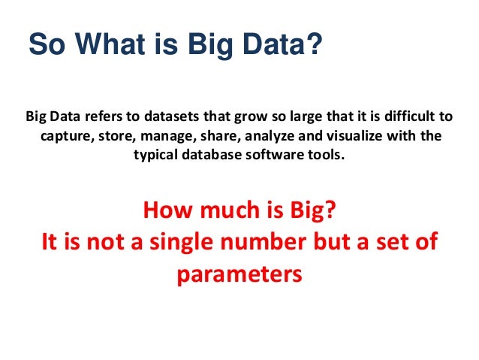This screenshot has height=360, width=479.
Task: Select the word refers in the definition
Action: coord(102,118)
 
